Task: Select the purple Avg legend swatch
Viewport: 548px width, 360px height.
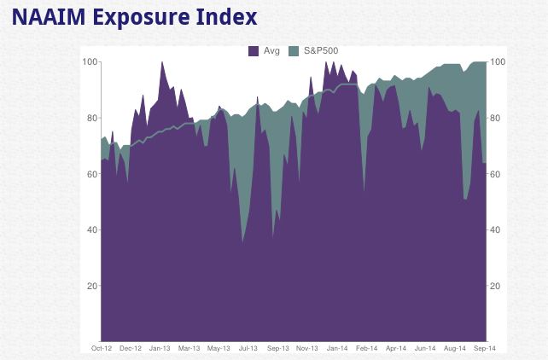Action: (x=254, y=51)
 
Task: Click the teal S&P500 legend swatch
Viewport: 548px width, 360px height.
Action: (x=295, y=51)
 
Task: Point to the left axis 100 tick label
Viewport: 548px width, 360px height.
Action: (x=89, y=62)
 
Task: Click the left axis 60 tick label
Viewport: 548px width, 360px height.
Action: (x=91, y=174)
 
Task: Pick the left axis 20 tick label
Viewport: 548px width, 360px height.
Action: (x=91, y=286)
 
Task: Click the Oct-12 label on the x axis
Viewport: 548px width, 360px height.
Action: (x=102, y=348)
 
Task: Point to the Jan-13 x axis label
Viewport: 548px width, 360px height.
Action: (x=160, y=348)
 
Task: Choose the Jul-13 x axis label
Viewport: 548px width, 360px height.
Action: (x=248, y=348)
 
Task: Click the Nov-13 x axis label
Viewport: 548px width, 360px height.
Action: (x=307, y=348)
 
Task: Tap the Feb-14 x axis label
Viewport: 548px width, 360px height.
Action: (x=367, y=348)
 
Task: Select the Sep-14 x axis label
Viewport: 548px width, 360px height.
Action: (x=484, y=348)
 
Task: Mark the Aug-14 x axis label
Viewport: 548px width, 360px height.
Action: (x=455, y=348)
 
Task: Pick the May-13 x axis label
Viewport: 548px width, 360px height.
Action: (x=219, y=348)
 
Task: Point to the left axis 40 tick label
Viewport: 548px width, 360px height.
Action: (x=91, y=229)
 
